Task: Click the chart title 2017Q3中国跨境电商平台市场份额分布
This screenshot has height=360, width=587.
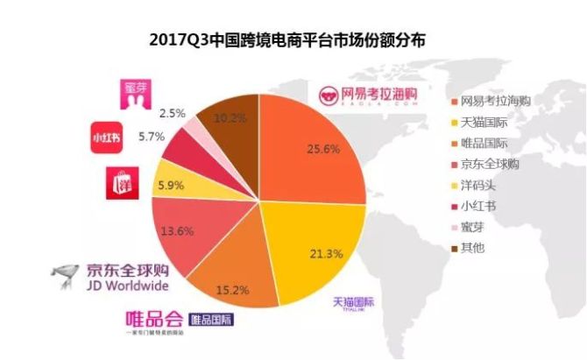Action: pyautogui.click(x=293, y=39)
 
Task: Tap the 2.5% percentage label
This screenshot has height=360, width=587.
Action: pyautogui.click(x=172, y=113)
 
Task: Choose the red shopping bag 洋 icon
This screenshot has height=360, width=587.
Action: pyautogui.click(x=120, y=183)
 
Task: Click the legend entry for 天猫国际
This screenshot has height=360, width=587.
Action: pyautogui.click(x=485, y=121)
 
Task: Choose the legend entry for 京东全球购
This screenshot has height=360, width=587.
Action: pyautogui.click(x=490, y=163)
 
